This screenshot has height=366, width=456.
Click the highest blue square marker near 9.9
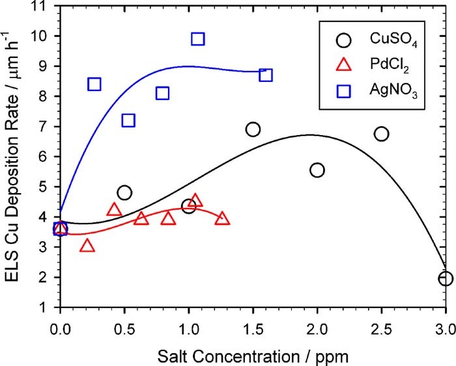coord(198,39)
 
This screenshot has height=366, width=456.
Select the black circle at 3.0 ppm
coord(446,278)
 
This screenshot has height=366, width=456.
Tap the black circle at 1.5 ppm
coord(253,129)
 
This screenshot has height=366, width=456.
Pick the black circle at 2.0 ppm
coord(317,170)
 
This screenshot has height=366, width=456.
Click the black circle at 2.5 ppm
coord(381,134)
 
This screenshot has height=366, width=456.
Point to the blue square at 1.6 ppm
coord(265,75)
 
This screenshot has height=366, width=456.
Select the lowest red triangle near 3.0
coord(87,246)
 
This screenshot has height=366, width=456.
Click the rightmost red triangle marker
coord(222,218)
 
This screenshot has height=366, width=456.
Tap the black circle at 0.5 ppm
coord(124,192)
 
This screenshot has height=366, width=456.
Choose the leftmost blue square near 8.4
coord(94,84)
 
